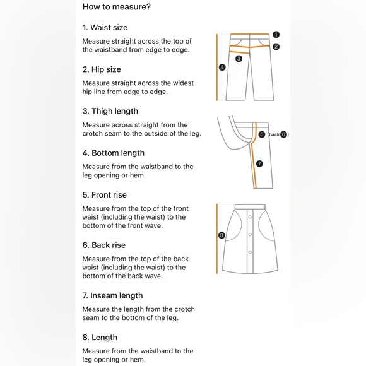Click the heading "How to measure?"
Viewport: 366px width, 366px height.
(117, 7)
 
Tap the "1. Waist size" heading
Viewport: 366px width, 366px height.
(105, 28)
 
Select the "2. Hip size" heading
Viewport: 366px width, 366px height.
(102, 69)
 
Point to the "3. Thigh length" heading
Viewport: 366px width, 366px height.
(110, 111)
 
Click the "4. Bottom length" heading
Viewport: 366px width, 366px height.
(114, 153)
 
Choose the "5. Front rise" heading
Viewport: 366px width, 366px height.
(105, 194)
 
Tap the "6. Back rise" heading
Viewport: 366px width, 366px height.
(104, 245)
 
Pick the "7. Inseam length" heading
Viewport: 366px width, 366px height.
(112, 295)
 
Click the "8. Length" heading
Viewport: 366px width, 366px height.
(100, 338)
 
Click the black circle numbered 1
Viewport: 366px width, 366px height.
(276, 35)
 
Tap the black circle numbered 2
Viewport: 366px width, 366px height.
(276, 47)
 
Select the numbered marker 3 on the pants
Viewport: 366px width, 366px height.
(239, 59)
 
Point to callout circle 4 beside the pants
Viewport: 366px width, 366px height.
(222, 68)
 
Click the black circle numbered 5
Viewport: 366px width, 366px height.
(262, 134)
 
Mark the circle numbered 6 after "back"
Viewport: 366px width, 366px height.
(283, 134)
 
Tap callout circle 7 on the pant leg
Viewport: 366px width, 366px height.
(259, 163)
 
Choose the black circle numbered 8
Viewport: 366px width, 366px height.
(221, 235)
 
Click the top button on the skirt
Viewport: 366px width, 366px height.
(250, 217)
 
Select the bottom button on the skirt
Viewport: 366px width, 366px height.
(250, 252)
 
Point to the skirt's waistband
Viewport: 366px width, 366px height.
(250, 207)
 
